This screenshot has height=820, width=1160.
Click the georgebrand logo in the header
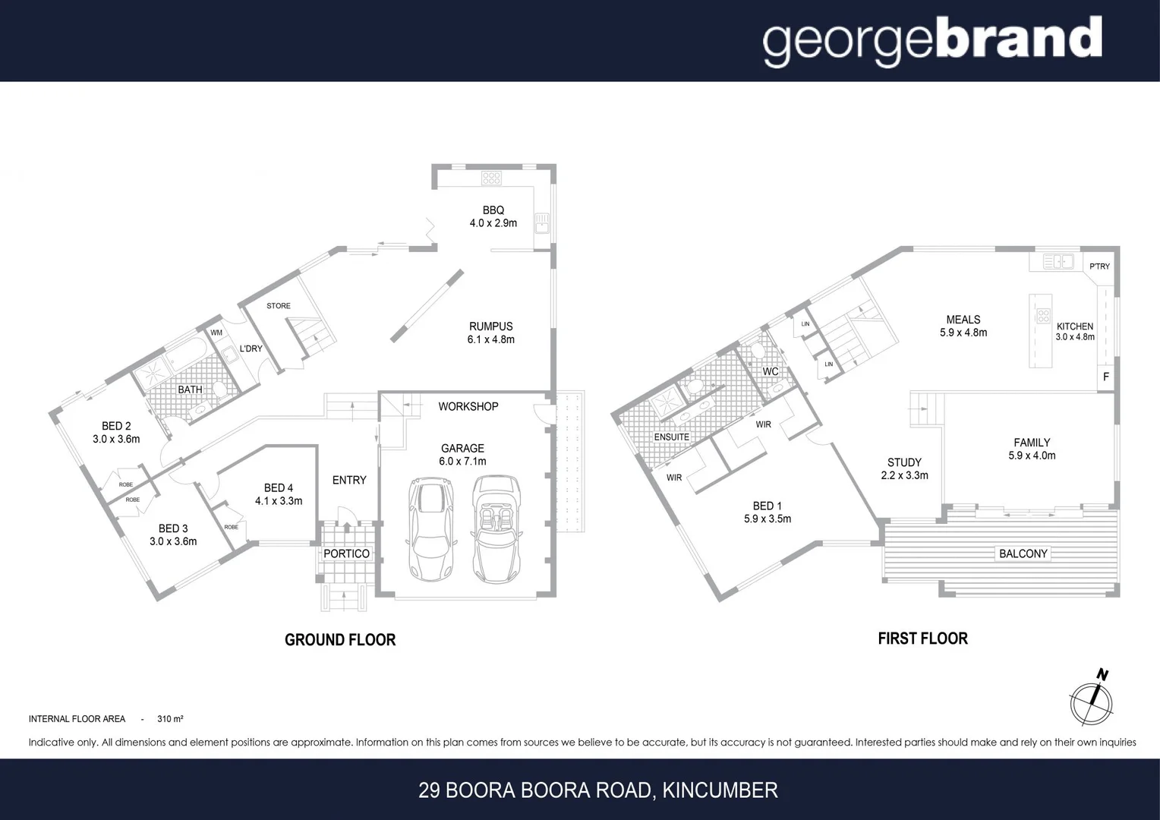(931, 40)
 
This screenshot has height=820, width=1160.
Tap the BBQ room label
(493, 210)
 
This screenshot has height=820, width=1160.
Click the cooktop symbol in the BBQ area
(491, 178)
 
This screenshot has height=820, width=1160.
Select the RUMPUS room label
(490, 326)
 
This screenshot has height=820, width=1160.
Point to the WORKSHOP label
(468, 406)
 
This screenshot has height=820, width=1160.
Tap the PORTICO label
(346, 553)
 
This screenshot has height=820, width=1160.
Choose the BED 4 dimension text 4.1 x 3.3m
(279, 501)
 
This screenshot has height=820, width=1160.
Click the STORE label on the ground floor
(279, 306)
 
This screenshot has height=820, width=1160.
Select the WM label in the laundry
(216, 333)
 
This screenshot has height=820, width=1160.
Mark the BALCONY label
(1023, 553)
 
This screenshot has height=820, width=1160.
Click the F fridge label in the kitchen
(1105, 377)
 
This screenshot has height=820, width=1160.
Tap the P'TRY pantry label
(1099, 266)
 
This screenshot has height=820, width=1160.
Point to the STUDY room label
(904, 462)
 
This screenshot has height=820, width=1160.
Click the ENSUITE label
(672, 437)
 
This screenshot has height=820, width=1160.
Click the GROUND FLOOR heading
(340, 640)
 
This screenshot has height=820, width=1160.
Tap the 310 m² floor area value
(170, 719)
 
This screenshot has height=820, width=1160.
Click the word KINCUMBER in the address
(720, 790)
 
